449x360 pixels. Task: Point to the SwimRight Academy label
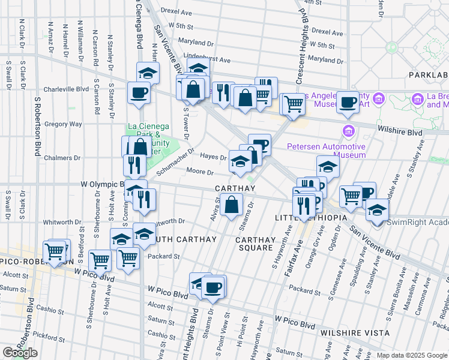click(x=417, y=222)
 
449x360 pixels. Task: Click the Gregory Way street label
click(x=63, y=124)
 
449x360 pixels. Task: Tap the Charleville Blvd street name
click(x=66, y=89)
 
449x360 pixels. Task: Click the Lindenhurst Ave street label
click(x=208, y=60)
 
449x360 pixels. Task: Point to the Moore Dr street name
click(x=200, y=172)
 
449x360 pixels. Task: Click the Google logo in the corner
click(x=20, y=353)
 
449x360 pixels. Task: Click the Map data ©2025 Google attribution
click(x=412, y=355)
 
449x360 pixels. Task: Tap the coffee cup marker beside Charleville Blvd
click(x=139, y=94)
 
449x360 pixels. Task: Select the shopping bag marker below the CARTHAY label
click(x=231, y=206)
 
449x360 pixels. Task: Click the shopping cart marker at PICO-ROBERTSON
click(x=55, y=251)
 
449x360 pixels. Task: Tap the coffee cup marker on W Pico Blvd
click(x=213, y=287)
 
